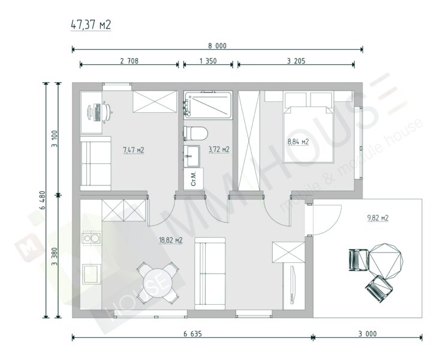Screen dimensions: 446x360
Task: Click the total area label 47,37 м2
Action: pyautogui.click(x=91, y=25)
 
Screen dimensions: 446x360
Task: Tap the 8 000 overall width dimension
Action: pyautogui.click(x=218, y=46)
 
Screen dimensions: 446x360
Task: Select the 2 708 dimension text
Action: pyautogui.click(x=129, y=61)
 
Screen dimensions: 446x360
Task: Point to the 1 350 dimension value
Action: pyautogui.click(x=208, y=61)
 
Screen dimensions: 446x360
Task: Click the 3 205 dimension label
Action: pyautogui.click(x=296, y=61)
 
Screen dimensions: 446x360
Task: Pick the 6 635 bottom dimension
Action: pyautogui.click(x=192, y=334)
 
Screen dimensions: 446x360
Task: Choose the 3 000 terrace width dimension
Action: pyautogui.click(x=367, y=334)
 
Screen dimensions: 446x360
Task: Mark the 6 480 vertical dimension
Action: pyautogui.click(x=43, y=200)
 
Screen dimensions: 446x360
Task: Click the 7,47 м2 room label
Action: pyautogui.click(x=134, y=150)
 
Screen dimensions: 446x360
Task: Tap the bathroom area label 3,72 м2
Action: pyautogui.click(x=219, y=149)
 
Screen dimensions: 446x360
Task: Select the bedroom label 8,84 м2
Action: pyautogui.click(x=298, y=142)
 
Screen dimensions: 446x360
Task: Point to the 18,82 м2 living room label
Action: pyautogui.click(x=171, y=241)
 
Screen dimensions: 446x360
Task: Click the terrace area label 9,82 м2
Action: pyautogui.click(x=378, y=218)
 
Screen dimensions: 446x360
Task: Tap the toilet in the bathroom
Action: pyautogui.click(x=196, y=133)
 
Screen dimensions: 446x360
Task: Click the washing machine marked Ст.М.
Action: pyautogui.click(x=194, y=179)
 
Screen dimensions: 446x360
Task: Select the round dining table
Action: pyautogui.click(x=158, y=283)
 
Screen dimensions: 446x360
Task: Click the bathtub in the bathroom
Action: pyautogui.click(x=207, y=105)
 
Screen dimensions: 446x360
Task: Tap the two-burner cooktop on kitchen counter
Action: pyautogui.click(x=91, y=238)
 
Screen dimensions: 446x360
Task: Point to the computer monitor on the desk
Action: pyautogui.click(x=90, y=112)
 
